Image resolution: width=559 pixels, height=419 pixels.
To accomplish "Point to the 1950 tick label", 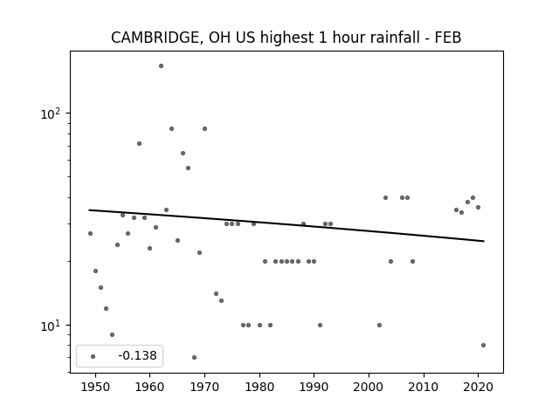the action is tap(95, 387).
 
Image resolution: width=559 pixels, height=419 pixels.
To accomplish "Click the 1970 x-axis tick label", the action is tap(204, 387).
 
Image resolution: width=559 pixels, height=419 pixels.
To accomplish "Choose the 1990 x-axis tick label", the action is tap(314, 387).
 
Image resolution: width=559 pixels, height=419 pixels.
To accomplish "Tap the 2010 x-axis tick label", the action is tap(424, 387).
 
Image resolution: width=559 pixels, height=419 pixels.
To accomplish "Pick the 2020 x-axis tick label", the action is tap(478, 387).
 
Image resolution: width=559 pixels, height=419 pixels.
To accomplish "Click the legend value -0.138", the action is tap(137, 355).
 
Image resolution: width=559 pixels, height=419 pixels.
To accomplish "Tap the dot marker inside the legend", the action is tap(93, 356).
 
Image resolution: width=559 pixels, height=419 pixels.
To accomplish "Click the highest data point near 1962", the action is tap(161, 66).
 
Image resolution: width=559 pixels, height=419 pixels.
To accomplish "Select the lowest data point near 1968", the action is tap(194, 357).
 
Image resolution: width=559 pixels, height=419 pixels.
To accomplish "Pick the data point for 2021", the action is tap(483, 346).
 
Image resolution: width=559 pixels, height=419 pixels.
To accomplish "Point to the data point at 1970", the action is tap(204, 128).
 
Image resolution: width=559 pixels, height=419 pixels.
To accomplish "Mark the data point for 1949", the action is tap(90, 233).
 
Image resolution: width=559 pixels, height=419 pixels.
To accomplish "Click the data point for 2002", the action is tap(379, 325).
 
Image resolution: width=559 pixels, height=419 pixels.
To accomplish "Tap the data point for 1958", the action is tap(140, 143).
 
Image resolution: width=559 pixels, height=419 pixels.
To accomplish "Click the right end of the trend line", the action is tap(484, 241).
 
